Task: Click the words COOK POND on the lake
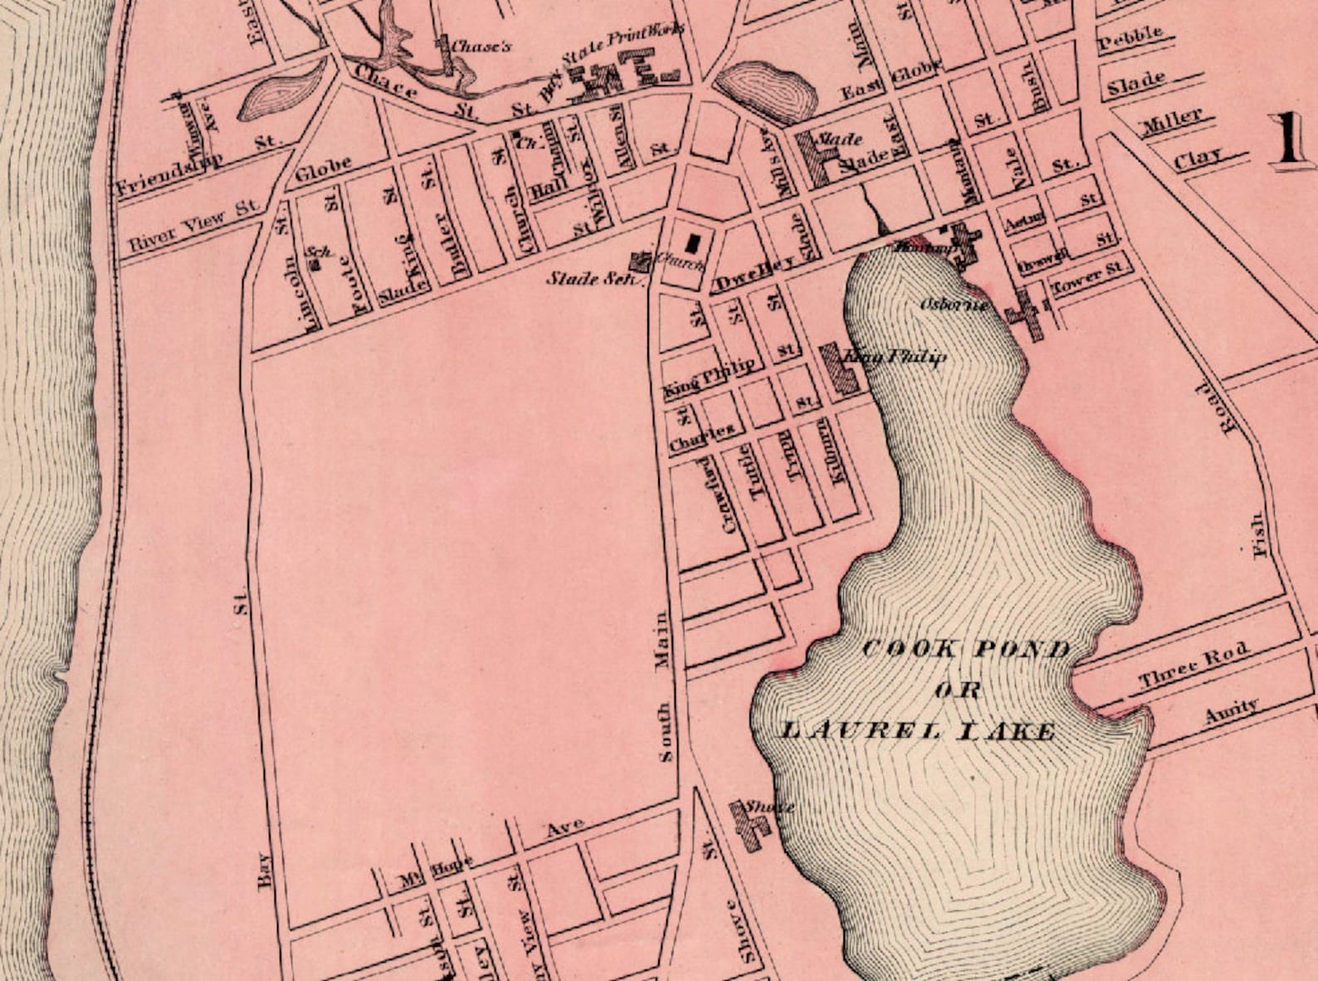tap(967, 649)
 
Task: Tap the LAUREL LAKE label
tap(919, 731)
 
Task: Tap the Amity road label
tap(1232, 711)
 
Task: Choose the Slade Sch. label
tap(594, 278)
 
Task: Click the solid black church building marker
tap(694, 243)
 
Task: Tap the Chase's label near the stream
tap(481, 46)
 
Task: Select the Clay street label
tap(1198, 157)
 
